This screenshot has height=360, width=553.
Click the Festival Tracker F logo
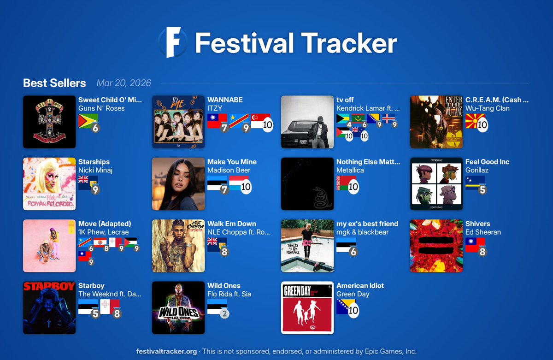(172, 42)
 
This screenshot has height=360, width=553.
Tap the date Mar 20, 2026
(124, 83)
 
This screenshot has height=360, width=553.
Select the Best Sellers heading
(54, 83)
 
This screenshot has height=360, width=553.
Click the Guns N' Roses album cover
(49, 122)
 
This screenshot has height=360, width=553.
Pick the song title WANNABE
(225, 100)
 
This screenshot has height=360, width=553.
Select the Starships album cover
(49, 184)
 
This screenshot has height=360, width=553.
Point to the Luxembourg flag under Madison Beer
(239, 183)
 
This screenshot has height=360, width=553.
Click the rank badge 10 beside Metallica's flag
(353, 187)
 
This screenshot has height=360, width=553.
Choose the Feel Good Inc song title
(487, 162)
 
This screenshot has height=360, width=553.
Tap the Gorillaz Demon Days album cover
(436, 184)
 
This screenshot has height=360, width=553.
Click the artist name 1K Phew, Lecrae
(104, 232)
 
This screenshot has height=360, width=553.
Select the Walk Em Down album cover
(178, 246)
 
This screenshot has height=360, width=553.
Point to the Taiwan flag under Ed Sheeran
(475, 245)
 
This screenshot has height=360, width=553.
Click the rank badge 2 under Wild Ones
(224, 314)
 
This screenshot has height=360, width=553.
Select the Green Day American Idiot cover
(307, 307)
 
